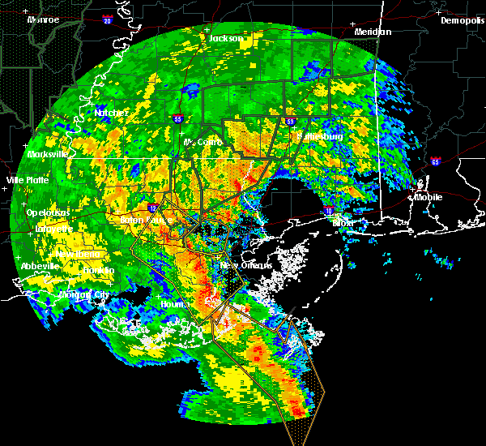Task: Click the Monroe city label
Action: pyautogui.click(x=42, y=19)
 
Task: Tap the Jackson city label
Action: pyautogui.click(x=226, y=38)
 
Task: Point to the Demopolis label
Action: pyautogui.click(x=462, y=20)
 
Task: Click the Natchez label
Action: pyautogui.click(x=109, y=112)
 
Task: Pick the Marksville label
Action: pyautogui.click(x=46, y=154)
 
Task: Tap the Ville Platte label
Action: pyautogui.click(x=27, y=179)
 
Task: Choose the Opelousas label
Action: pyautogui.click(x=47, y=212)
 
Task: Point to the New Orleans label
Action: pyautogui.click(x=240, y=265)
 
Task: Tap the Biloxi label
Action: pyautogui.click(x=343, y=221)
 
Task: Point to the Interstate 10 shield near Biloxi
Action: pyautogui.click(x=328, y=211)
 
